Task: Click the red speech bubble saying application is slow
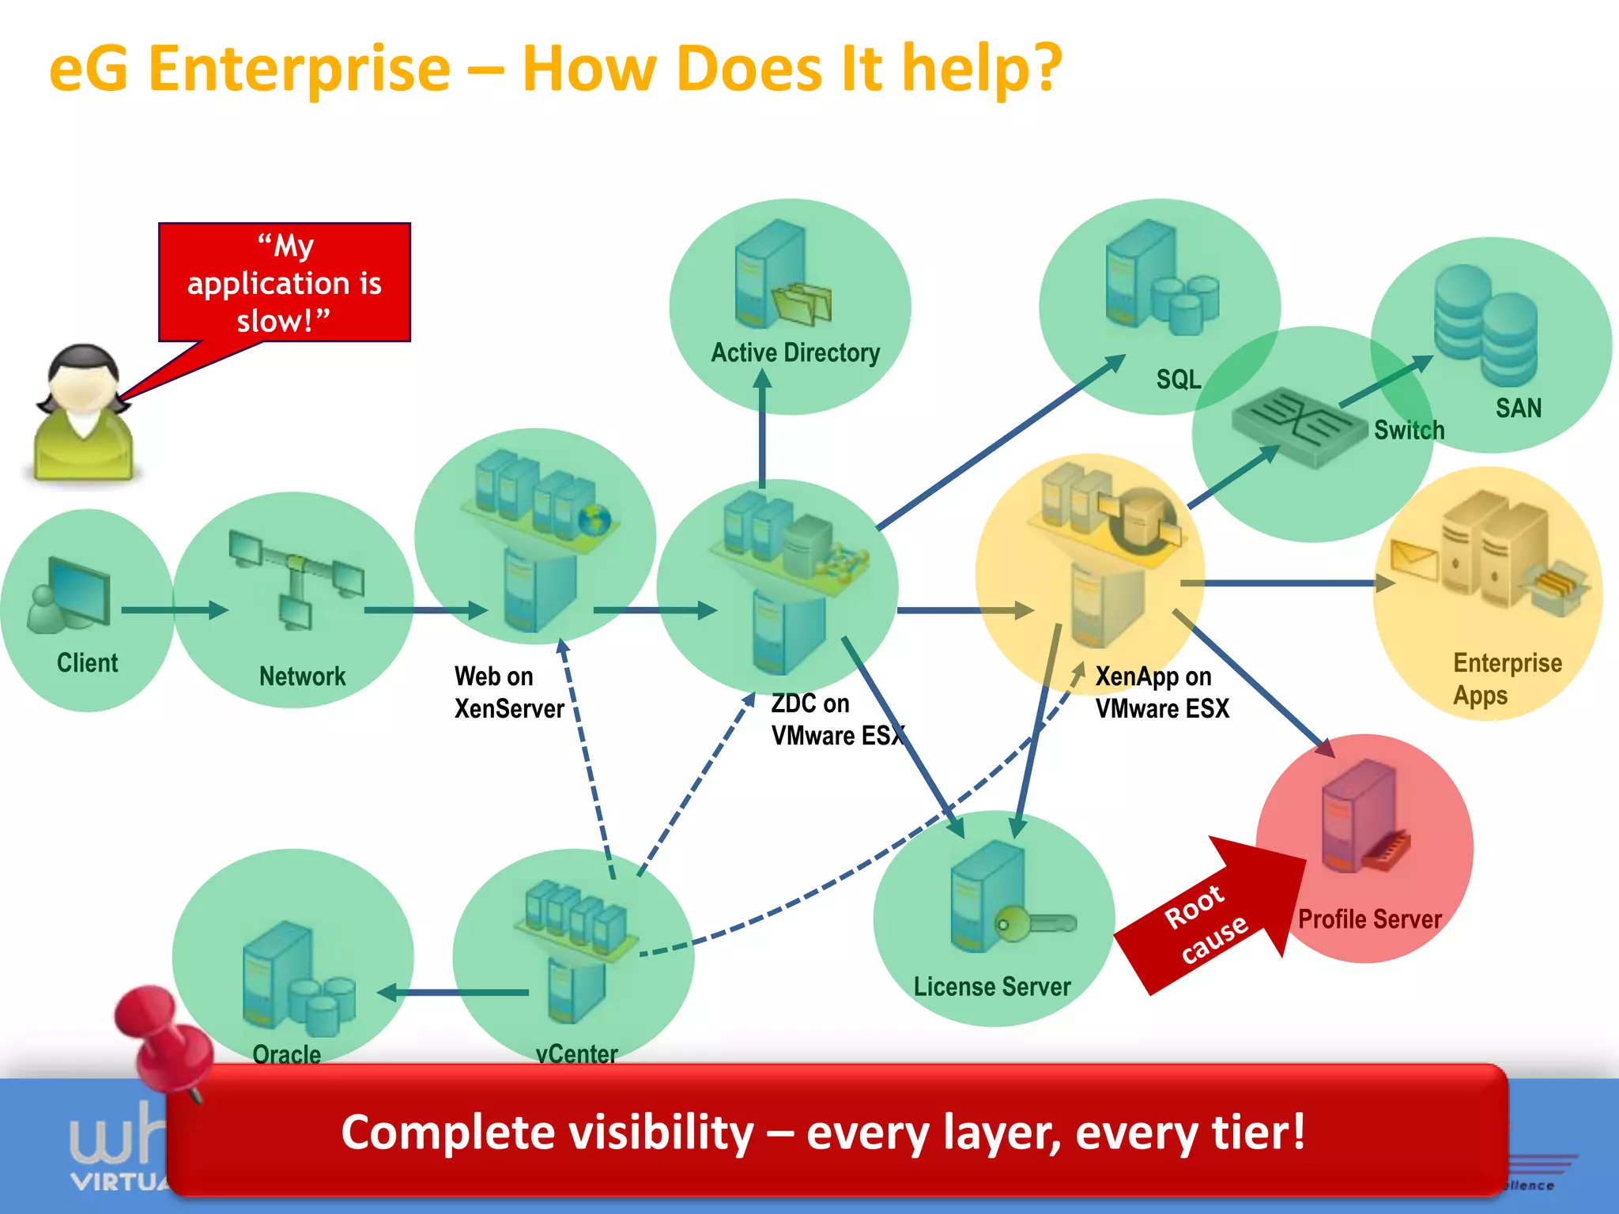[285, 282]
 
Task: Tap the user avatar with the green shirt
[83, 415]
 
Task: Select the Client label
[87, 662]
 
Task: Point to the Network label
[302, 677]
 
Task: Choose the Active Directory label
[795, 353]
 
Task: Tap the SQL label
[1178, 379]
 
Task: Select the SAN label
[1518, 408]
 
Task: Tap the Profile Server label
[1369, 919]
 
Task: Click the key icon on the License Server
[1036, 923]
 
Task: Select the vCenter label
[576, 1054]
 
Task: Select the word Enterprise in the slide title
[299, 70]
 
